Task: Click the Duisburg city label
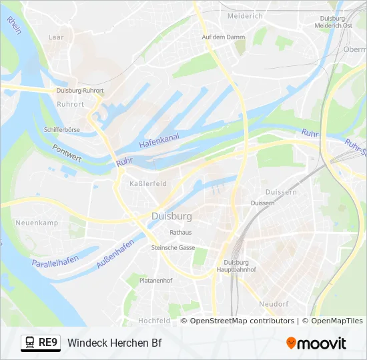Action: point(171,217)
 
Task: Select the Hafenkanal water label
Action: point(159,140)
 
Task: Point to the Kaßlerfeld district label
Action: point(148,183)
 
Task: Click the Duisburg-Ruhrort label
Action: point(79,90)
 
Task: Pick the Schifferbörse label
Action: point(61,129)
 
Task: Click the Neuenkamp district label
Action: point(37,223)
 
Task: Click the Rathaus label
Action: point(181,233)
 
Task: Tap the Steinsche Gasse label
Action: point(173,247)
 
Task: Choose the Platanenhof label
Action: point(156,281)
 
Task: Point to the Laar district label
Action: point(56,38)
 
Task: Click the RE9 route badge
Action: point(49,343)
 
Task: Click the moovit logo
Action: point(316,343)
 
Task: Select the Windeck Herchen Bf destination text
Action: point(114,343)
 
